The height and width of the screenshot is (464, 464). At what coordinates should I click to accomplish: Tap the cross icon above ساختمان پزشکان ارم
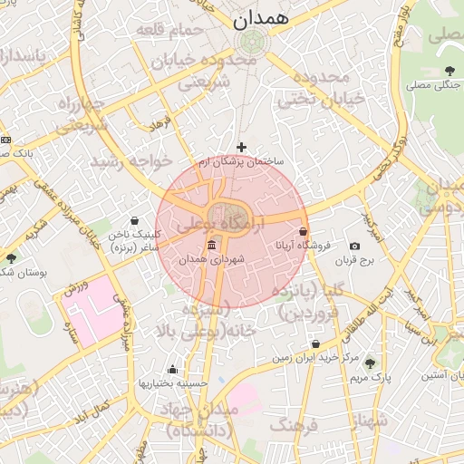click(241, 147)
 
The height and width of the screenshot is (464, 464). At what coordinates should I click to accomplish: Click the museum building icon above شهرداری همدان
click(211, 246)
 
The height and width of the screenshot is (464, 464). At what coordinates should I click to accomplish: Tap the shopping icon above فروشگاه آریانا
click(303, 232)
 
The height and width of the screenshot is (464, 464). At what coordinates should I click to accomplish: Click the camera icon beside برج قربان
click(353, 246)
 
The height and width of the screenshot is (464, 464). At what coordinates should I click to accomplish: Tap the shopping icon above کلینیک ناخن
click(135, 220)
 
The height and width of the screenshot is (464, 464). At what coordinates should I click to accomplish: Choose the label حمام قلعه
click(168, 30)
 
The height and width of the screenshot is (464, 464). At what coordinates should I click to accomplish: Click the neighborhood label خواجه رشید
click(125, 160)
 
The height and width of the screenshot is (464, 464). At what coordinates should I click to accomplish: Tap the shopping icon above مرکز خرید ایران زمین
click(314, 344)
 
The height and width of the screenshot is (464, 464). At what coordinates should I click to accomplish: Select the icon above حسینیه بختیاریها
click(172, 369)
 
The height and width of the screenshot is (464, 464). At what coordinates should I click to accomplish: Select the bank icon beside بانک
click(6, 140)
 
